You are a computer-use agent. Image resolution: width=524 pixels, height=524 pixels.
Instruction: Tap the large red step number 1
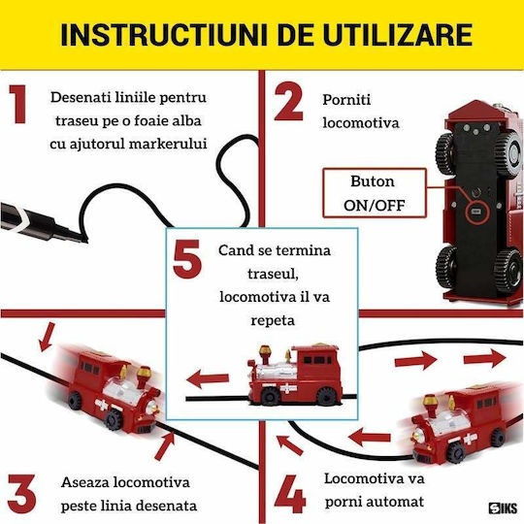point(18,104)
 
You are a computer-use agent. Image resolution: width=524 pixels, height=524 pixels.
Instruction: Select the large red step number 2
point(289,101)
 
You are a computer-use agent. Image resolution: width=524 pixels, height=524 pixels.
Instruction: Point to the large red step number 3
point(21,494)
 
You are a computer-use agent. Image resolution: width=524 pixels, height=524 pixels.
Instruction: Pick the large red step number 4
point(290,494)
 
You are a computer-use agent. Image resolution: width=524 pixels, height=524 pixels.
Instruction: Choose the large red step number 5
point(187,259)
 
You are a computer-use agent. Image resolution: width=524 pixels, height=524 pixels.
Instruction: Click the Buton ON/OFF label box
point(375,193)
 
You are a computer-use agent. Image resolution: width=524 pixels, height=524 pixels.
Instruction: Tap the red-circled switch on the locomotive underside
point(476,212)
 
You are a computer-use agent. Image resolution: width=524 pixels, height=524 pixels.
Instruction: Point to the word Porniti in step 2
point(346,100)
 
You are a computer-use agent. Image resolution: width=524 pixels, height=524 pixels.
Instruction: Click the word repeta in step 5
point(273,320)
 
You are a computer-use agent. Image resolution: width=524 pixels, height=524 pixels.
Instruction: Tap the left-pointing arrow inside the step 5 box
point(208,379)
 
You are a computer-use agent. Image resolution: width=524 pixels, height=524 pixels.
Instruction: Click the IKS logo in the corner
point(503,508)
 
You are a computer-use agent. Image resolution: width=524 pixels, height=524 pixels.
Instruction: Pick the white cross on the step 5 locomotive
point(288,389)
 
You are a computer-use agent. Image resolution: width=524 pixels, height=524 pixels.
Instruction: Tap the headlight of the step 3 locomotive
point(151,407)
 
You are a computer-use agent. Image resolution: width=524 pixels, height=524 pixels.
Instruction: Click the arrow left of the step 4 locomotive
point(370,437)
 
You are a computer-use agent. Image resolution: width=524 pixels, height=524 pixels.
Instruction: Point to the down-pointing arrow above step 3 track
point(47,337)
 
